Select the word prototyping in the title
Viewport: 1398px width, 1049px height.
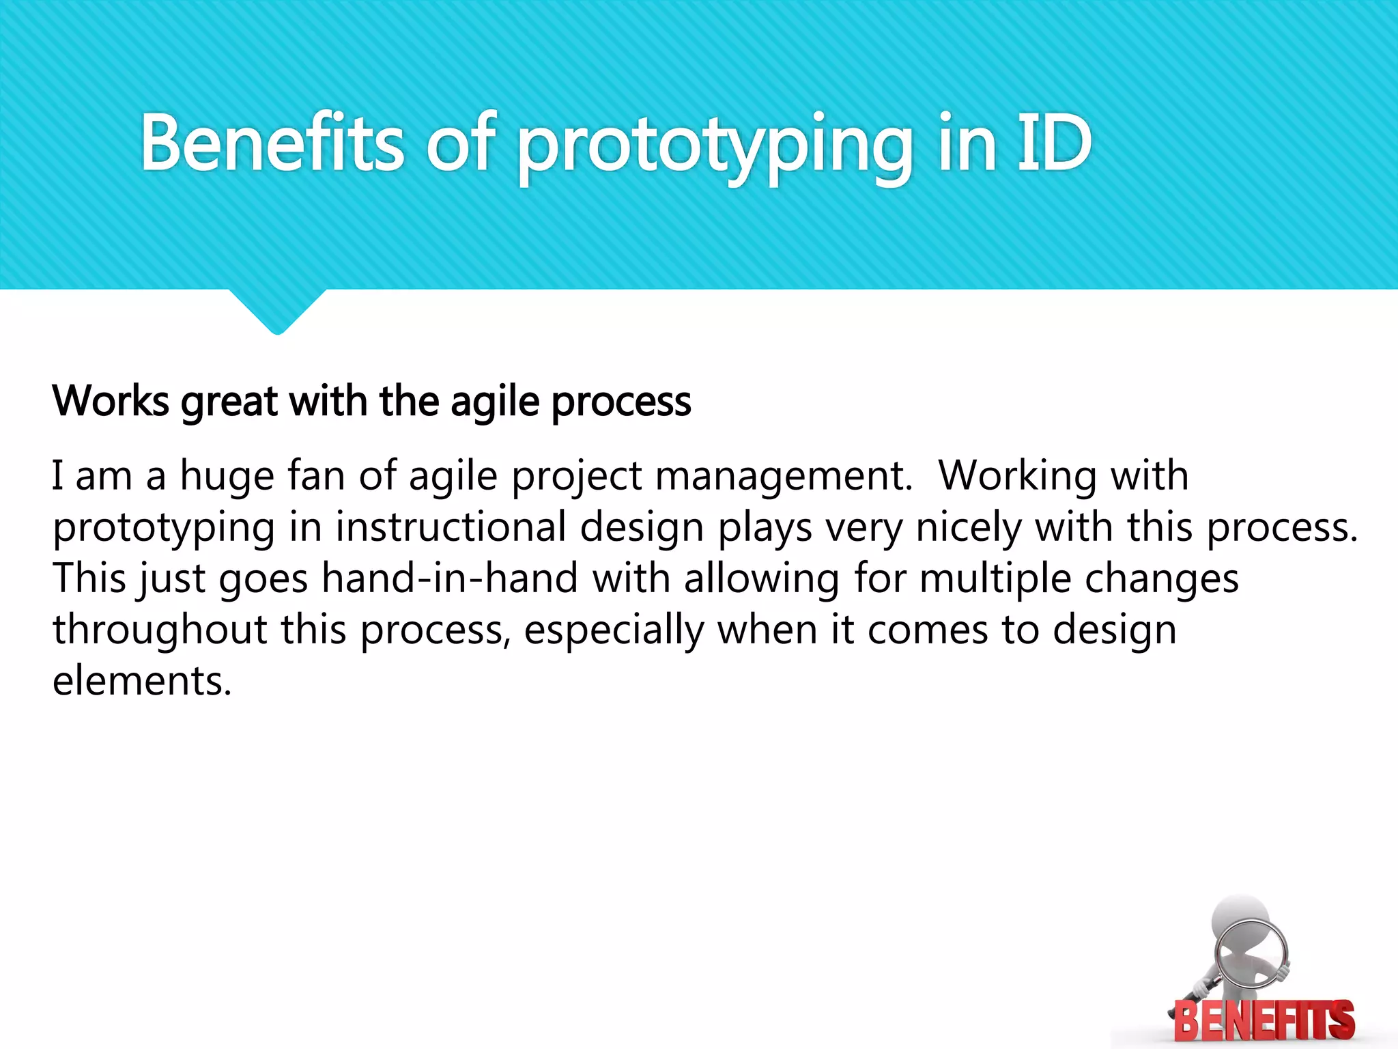[714, 147]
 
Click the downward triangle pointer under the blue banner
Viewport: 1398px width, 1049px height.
[277, 311]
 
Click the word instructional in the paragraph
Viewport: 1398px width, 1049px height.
[450, 528]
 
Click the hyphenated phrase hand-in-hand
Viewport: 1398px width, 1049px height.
[449, 578]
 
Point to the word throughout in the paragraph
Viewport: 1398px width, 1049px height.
[160, 630]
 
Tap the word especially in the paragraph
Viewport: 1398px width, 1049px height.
[614, 631]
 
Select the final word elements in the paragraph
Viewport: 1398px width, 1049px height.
[141, 681]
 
